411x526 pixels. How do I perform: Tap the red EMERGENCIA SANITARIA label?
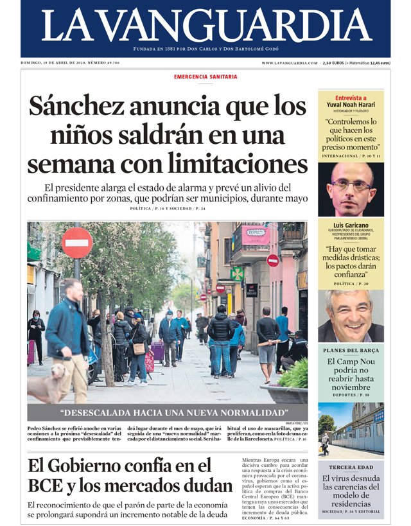[x=205, y=77]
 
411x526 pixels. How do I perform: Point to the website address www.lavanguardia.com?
[x=289, y=63]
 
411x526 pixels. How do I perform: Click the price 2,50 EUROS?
[x=333, y=63]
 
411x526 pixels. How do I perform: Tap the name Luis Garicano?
[x=351, y=225]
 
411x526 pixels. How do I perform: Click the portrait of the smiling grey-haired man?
[x=351, y=315]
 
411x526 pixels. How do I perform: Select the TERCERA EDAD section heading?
[x=351, y=467]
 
